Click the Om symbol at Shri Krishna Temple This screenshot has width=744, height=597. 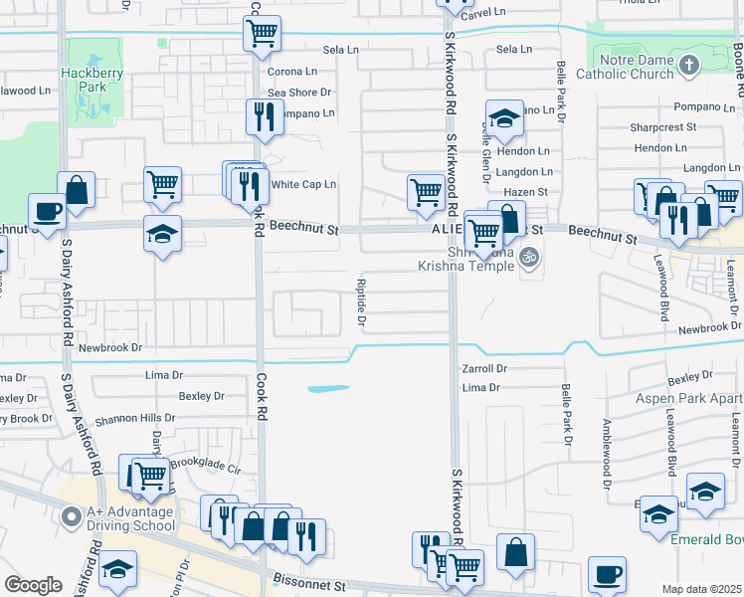tap(531, 256)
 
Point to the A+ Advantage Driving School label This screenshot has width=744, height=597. tap(116, 518)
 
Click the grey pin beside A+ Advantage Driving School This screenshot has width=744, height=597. tap(70, 517)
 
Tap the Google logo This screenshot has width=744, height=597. tap(34, 584)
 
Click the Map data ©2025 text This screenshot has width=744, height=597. tap(701, 589)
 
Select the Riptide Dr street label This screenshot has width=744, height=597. tap(361, 306)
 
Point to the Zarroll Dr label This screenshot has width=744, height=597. tap(484, 368)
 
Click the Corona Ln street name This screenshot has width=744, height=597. tap(291, 72)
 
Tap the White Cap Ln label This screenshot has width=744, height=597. tap(303, 184)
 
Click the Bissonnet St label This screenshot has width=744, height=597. tap(312, 588)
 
